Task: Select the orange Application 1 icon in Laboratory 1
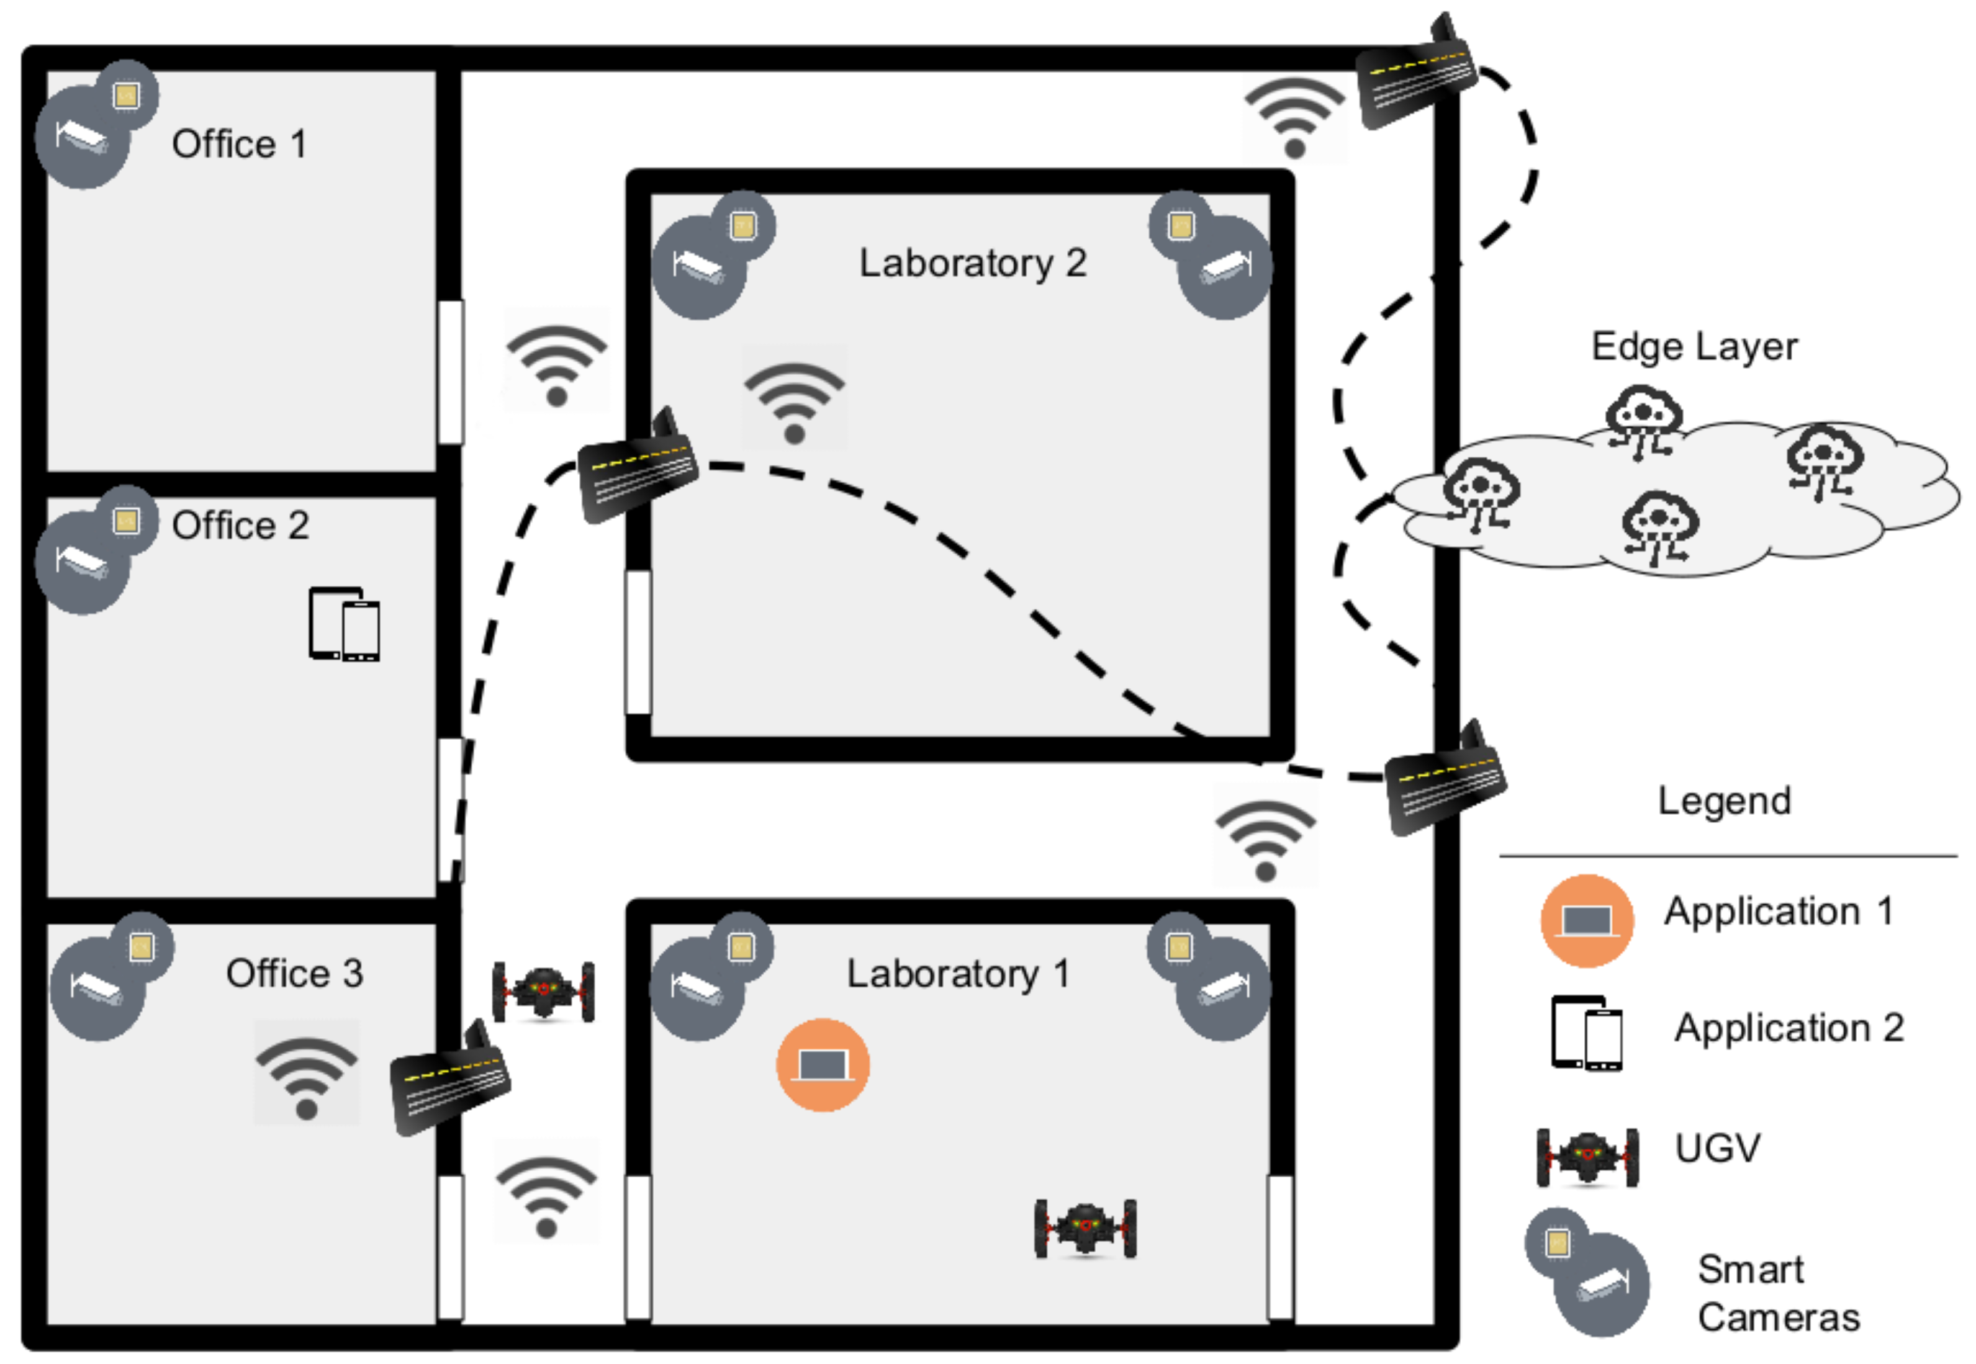click(823, 1065)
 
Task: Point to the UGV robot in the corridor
click(544, 992)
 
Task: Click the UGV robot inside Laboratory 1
click(1085, 1229)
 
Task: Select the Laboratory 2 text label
click(972, 262)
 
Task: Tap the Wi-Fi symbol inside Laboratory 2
click(795, 402)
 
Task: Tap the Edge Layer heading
click(1694, 347)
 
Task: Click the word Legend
click(1724, 801)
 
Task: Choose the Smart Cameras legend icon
click(1587, 1272)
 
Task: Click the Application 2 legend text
click(1789, 1027)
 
